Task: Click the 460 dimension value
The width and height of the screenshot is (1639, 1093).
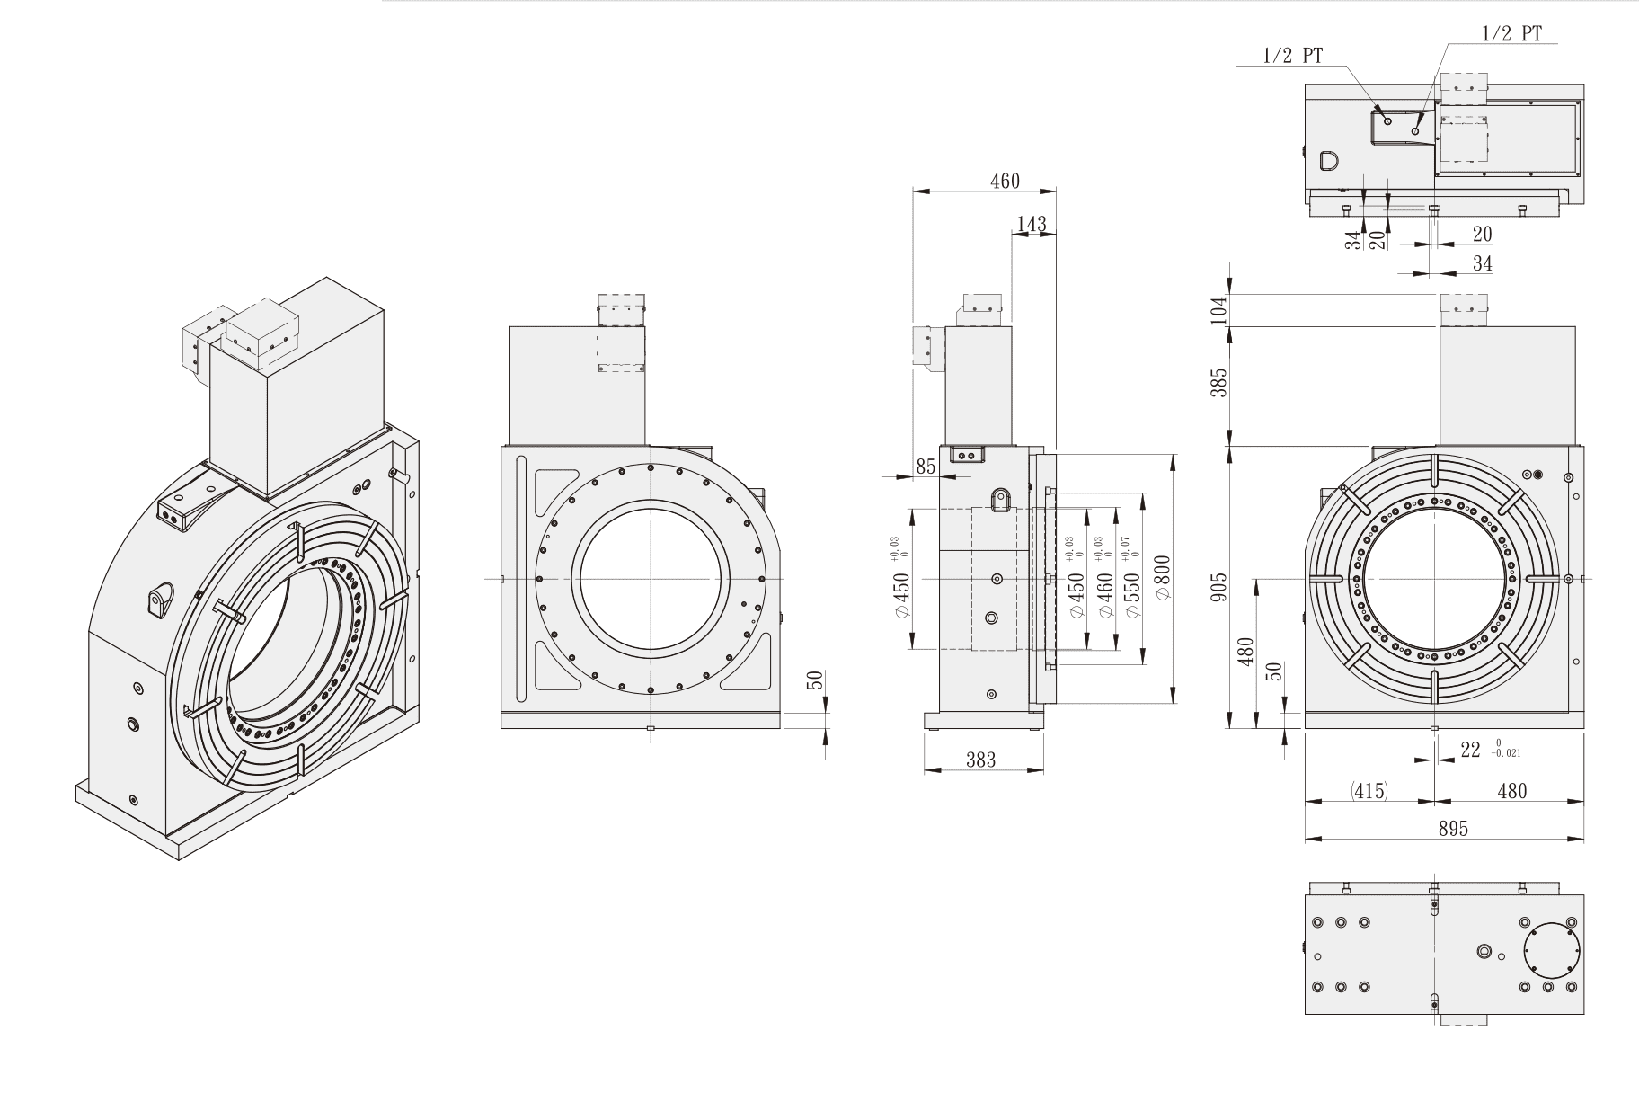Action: coord(1005,181)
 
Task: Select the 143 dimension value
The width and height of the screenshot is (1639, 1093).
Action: coord(1032,223)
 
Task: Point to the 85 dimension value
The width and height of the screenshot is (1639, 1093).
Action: coord(926,467)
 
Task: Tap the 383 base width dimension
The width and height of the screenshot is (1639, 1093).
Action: coord(980,760)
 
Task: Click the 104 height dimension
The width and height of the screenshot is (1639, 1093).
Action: coord(1219,309)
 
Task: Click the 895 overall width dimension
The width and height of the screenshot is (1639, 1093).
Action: coord(1452,829)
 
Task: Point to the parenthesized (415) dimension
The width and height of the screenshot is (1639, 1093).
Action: coord(1369,791)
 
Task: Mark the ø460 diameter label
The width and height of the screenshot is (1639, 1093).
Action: coord(1105,593)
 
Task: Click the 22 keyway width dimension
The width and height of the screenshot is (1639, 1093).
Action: coord(1470,749)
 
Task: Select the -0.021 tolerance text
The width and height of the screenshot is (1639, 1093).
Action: coord(1506,754)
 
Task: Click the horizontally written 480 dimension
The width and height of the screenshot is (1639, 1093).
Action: coord(1512,791)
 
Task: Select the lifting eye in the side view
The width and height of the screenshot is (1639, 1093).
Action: coord(998,499)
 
